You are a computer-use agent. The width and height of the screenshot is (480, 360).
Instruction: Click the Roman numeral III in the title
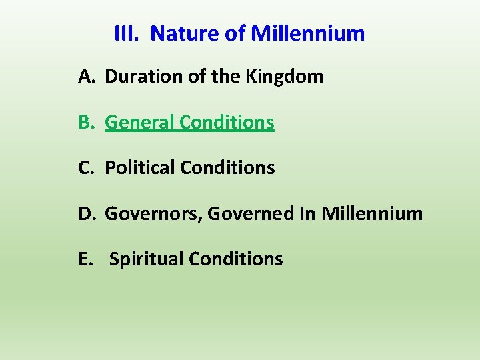[126, 33]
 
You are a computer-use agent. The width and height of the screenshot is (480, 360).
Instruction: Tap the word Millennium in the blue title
[308, 33]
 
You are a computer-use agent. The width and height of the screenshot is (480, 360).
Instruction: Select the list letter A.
[86, 77]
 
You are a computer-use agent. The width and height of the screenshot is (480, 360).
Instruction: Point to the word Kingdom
[285, 77]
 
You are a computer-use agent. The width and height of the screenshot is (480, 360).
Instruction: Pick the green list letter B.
[86, 123]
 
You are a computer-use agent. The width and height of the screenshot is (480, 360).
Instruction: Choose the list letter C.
[86, 168]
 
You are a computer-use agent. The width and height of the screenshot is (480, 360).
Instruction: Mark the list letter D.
[87, 213]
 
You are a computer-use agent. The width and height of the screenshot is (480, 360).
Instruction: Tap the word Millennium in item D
[372, 213]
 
